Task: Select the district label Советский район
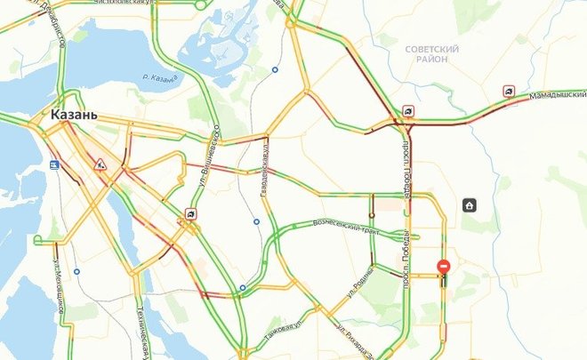pyautogui.click(x=430, y=55)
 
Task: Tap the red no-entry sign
pyautogui.click(x=443, y=267)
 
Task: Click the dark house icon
pyautogui.click(x=469, y=205)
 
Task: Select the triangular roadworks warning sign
pyautogui.click(x=101, y=164)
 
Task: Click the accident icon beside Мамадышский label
pyautogui.click(x=508, y=91)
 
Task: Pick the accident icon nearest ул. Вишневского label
pyautogui.click(x=190, y=213)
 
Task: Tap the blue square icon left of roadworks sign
pyautogui.click(x=54, y=164)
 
